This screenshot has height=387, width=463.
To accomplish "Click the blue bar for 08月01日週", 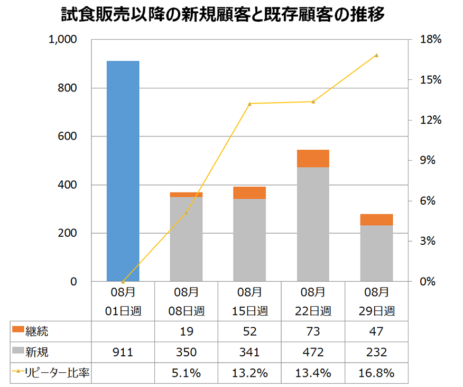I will click(123, 171).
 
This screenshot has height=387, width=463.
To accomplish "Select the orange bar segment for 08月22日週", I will click(313, 158).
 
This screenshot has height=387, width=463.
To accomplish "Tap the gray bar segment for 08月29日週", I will click(376, 253).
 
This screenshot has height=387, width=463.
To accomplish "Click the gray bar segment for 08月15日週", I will click(249, 240).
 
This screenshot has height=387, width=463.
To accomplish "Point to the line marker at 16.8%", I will click(377, 55).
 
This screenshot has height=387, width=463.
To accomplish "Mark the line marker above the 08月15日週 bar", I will click(250, 104).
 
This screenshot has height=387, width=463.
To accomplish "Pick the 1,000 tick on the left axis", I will click(62, 40).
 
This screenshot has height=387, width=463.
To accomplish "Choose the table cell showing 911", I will click(123, 352).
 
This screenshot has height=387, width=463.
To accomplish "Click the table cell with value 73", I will click(313, 331).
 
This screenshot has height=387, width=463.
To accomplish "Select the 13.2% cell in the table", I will click(249, 373).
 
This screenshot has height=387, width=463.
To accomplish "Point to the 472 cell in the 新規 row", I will click(313, 352).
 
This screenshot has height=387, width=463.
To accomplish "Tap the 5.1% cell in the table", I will click(186, 373).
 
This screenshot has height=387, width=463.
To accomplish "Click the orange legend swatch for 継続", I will click(17, 331).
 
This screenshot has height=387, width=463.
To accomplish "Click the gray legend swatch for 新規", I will click(17, 352).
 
